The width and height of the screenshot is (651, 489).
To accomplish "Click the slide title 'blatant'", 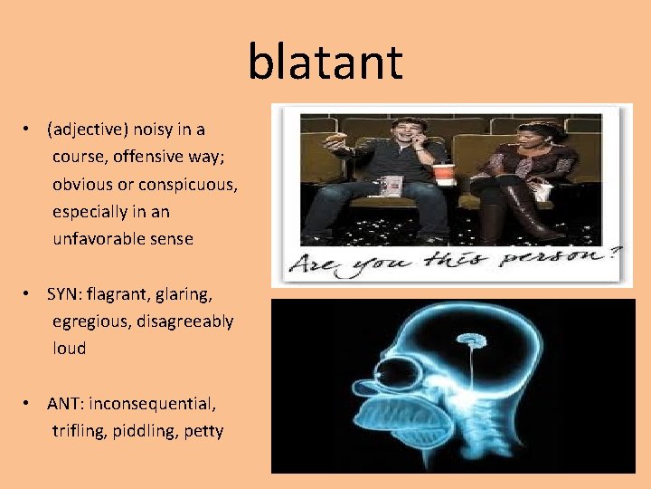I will [x=325, y=62].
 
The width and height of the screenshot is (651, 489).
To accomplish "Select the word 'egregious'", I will [x=90, y=321].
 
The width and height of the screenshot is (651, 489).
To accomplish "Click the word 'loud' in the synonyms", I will [x=70, y=348].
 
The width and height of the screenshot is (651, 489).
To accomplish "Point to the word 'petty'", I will [x=203, y=430].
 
